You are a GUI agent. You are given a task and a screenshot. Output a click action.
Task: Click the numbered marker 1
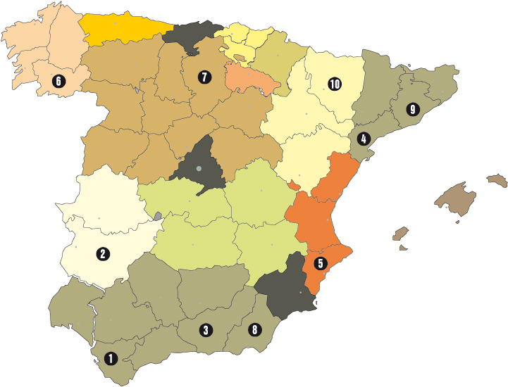point(110,359)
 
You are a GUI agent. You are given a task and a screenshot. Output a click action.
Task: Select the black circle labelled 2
point(104,254)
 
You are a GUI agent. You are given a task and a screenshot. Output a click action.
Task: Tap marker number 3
point(206,330)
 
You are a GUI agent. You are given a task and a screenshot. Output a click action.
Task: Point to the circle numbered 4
point(364,139)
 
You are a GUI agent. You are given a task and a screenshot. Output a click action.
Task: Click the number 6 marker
point(58,82)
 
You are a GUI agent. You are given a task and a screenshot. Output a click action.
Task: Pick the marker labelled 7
point(204,77)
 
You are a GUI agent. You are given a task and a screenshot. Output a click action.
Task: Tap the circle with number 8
point(254,329)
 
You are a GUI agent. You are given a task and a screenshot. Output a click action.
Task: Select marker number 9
point(412,110)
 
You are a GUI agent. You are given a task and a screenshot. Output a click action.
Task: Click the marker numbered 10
point(334,84)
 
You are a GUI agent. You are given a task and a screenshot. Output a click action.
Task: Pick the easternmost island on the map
point(497,180)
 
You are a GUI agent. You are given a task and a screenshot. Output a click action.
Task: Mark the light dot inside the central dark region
point(199,169)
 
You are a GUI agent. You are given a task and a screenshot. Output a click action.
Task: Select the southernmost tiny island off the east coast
point(403,247)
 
